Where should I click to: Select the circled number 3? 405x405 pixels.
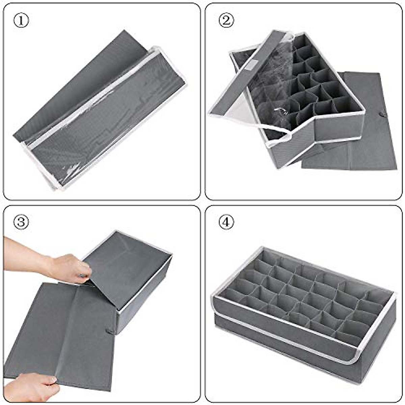(x=21, y=222)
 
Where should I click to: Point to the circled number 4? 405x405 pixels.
(x=226, y=222)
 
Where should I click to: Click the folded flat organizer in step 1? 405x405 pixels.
(x=98, y=111)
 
